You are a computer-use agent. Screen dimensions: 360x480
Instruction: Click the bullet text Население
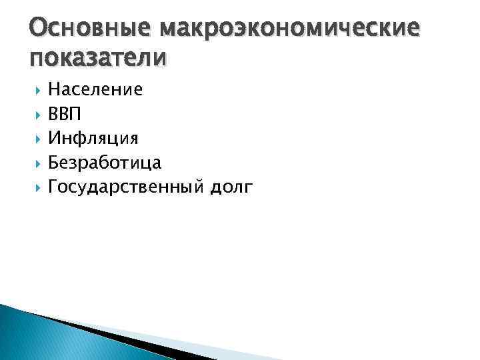point(95,89)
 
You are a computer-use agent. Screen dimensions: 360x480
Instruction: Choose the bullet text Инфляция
point(93,139)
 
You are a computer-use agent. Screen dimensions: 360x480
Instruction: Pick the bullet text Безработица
point(105,163)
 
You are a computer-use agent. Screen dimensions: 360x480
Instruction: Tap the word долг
point(231,188)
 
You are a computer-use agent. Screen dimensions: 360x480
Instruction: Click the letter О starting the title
point(39,29)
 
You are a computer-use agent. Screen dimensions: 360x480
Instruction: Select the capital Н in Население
point(55,89)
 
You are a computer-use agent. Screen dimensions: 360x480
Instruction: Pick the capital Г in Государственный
point(54,187)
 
